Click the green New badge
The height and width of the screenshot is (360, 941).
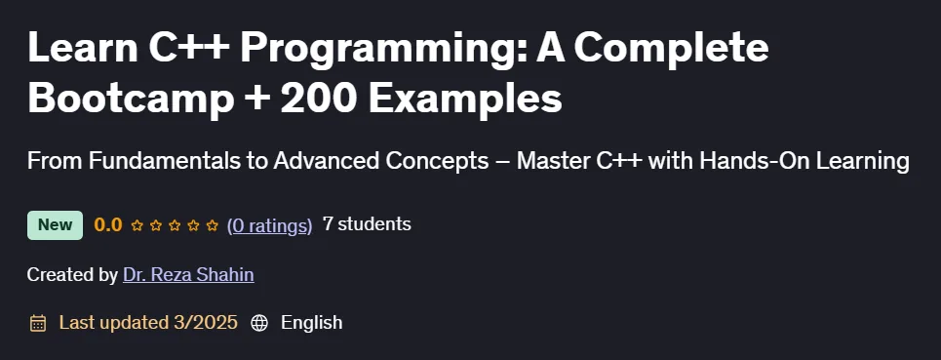56,225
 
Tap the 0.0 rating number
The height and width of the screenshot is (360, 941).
108,225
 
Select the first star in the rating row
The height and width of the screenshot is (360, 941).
137,225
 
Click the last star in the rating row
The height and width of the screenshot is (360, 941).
212,225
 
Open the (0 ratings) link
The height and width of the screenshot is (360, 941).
269,225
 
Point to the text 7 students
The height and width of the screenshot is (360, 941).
367,224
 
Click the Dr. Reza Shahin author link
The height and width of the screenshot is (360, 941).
188,275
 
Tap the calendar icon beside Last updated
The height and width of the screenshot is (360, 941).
38,323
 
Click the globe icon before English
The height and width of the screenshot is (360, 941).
259,323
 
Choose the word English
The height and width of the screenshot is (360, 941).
311,323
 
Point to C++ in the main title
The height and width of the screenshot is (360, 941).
188,48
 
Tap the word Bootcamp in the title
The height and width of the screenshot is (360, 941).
131,99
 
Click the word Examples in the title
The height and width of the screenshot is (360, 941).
465,100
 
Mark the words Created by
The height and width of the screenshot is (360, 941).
72,275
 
